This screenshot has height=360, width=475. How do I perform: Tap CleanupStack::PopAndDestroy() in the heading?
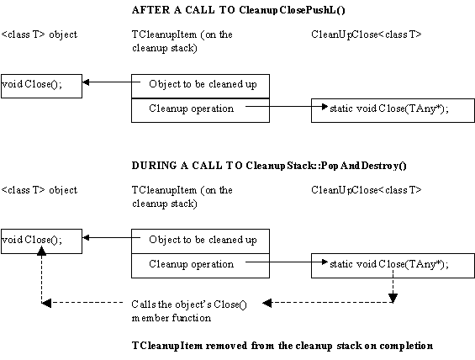point(326,166)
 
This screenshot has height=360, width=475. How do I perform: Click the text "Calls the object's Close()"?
point(189,304)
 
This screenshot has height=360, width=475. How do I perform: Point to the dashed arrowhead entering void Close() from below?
point(41,250)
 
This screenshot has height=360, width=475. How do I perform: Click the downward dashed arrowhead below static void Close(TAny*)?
point(393,299)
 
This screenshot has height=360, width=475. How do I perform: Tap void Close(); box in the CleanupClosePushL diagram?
point(41,86)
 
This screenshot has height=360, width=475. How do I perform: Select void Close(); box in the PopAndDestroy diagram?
point(41,241)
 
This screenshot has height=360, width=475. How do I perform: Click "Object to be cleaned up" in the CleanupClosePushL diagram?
point(203,84)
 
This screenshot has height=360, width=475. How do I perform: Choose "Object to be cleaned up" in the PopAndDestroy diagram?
point(203,240)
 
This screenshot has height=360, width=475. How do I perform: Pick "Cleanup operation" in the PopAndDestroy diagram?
point(192,264)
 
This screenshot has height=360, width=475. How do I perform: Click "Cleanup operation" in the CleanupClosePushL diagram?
point(192,109)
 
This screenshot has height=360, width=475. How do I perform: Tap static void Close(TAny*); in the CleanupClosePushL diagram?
point(389,109)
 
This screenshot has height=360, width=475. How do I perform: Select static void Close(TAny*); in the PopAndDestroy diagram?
point(389,264)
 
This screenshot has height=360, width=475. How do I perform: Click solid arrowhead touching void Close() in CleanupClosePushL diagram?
point(86,82)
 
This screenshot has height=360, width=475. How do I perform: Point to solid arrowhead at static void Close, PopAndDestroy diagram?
point(325,262)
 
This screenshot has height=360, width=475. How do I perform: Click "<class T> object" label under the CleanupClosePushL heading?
point(40,34)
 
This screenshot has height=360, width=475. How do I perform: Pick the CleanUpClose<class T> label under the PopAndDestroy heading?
point(367,190)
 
